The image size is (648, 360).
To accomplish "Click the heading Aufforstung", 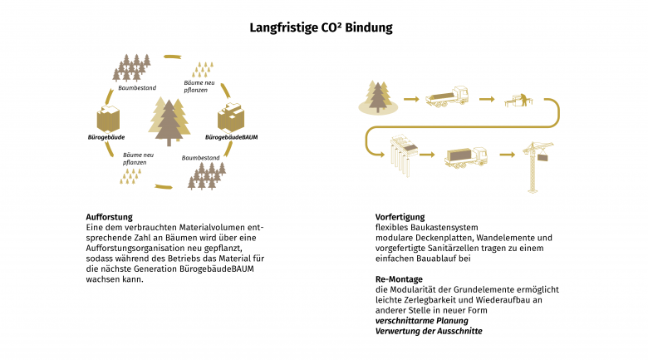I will pyautogui.click(x=109, y=217).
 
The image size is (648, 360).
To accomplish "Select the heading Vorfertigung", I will pyautogui.click(x=400, y=217).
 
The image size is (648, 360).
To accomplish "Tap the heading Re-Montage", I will pyautogui.click(x=399, y=279).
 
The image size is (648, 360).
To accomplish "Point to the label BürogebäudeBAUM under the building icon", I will pyautogui.click(x=230, y=136).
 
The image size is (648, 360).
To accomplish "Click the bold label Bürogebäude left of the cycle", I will pyautogui.click(x=106, y=136).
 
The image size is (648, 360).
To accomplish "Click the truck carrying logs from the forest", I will pyautogui.click(x=447, y=99).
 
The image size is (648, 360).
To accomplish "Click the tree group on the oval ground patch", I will pyautogui.click(x=379, y=97).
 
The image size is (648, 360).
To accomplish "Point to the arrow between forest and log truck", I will pyautogui.click(x=410, y=99).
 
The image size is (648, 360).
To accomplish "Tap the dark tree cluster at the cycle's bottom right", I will pyautogui.click(x=208, y=175).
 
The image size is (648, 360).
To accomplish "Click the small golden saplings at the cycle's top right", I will pyautogui.click(x=204, y=67).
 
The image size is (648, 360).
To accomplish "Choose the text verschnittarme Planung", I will pyautogui.click(x=423, y=321).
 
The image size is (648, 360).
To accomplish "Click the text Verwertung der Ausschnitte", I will pyautogui.click(x=429, y=331).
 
